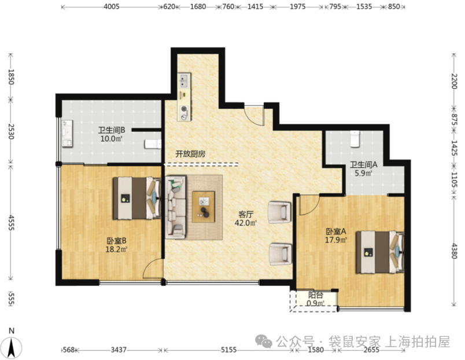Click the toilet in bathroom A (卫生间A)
click(355, 139)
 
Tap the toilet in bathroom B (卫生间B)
click(153, 144)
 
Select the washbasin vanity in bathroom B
click(67, 133)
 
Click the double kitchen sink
click(184, 80)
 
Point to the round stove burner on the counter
click(184, 109)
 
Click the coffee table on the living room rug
click(203, 207)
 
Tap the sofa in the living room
click(176, 207)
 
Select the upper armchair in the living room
click(280, 212)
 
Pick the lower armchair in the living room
click(281, 254)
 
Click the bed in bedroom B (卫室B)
click(136, 199)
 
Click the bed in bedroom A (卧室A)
click(380, 252)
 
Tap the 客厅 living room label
click(246, 214)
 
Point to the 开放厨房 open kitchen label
click(190, 154)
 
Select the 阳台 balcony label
click(316, 295)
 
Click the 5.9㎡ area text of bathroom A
click(363, 173)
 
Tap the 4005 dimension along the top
click(112, 6)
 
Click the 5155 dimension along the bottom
click(228, 350)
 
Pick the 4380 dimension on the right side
click(455, 251)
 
